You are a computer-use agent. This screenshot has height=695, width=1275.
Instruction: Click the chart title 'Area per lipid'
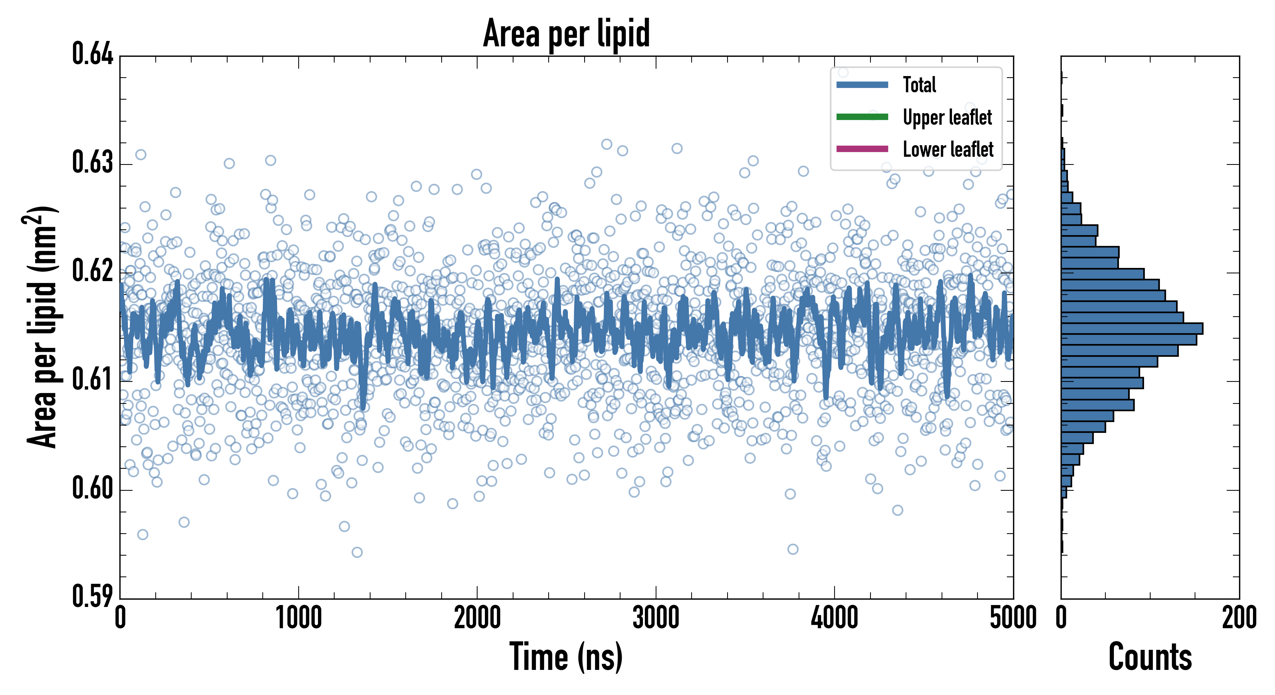point(566,34)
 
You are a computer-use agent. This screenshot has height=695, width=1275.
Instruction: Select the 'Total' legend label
point(919,85)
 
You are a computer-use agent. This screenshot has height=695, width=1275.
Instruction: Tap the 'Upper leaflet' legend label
point(947,118)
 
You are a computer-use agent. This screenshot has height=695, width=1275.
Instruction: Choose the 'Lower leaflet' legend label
point(948,149)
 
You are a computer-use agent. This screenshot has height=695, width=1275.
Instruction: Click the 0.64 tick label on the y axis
point(93,54)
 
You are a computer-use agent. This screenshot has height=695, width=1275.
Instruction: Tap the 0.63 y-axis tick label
point(93,163)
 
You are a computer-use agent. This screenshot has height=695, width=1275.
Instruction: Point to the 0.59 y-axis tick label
point(93,597)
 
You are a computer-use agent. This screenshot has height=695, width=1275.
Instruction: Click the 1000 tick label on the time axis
point(298,618)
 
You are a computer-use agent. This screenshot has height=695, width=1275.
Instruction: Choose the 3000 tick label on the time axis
point(656,618)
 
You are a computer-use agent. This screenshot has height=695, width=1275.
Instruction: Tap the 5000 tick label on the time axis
point(1013,618)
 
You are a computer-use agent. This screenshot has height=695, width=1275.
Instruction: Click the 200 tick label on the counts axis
point(1239,618)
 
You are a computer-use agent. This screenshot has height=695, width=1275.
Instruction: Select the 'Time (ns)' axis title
point(566,657)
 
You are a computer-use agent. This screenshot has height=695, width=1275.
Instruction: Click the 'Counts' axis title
point(1150,657)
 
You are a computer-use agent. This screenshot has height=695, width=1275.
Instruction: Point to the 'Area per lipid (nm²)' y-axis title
point(42,327)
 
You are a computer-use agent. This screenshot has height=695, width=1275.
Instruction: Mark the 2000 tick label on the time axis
point(477,618)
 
